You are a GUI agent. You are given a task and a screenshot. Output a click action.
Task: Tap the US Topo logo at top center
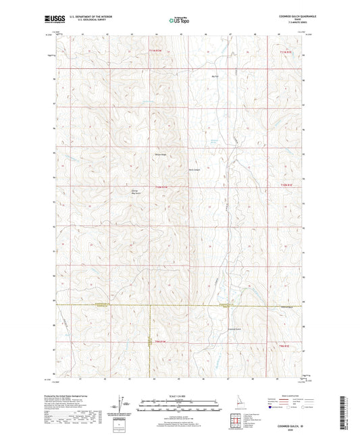pyautogui.click(x=180, y=21)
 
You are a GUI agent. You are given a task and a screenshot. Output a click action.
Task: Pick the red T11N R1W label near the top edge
pyautogui.click(x=155, y=51)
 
